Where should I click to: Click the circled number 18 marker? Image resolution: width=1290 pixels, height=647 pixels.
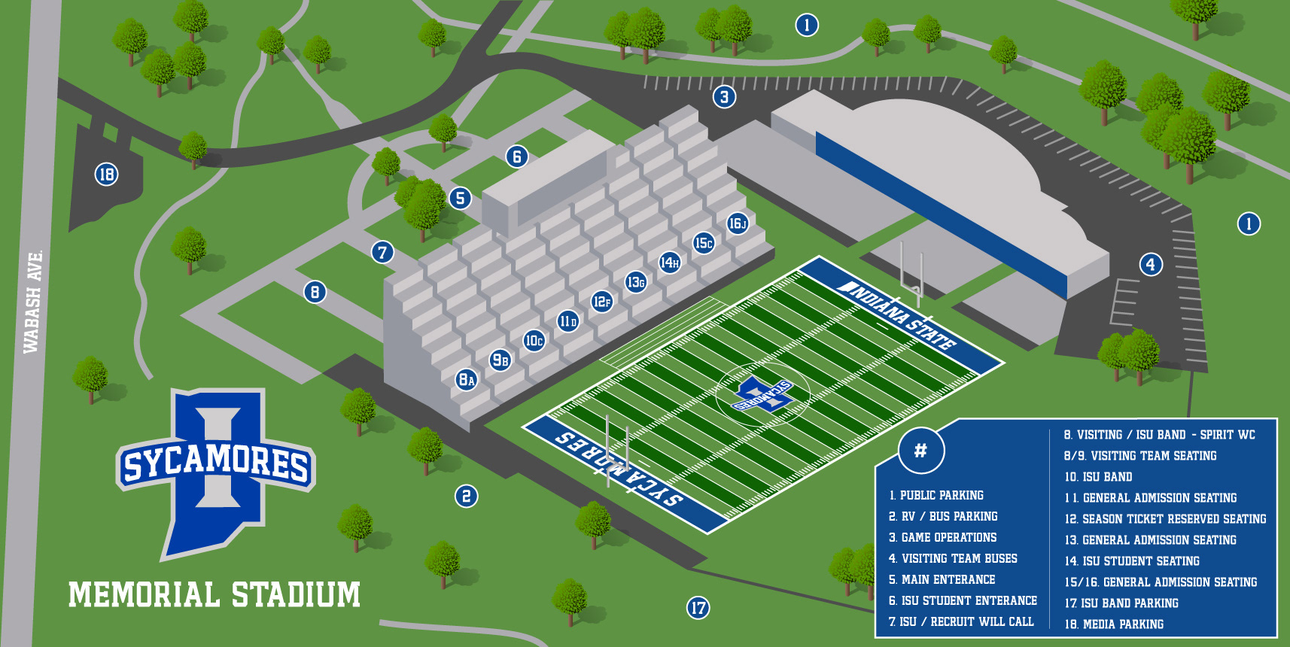[106, 175]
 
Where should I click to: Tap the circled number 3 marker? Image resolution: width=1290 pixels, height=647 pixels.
[724, 96]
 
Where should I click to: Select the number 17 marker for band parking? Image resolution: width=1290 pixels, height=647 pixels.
[698, 608]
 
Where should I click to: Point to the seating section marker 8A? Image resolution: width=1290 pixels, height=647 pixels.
[467, 379]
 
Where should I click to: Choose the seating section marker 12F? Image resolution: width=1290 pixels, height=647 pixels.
[601, 302]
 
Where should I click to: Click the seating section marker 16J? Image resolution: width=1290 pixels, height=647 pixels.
[737, 223]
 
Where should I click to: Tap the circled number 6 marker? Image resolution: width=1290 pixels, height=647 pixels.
[516, 156]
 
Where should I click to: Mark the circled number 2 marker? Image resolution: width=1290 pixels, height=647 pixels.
[466, 496]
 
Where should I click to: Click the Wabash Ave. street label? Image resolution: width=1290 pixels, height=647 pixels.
[32, 302]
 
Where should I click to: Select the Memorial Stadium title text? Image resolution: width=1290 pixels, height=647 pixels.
[214, 594]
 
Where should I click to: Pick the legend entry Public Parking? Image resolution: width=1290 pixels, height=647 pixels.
[936, 495]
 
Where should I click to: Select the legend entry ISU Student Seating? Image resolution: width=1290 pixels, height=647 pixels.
[1132, 561]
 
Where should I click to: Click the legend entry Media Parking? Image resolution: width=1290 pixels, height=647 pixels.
[1114, 624]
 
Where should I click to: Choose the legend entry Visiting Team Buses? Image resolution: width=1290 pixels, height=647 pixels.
[953, 558]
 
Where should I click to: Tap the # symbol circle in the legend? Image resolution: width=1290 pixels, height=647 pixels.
[920, 451]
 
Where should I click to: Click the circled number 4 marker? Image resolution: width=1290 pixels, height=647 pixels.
[1150, 264]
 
